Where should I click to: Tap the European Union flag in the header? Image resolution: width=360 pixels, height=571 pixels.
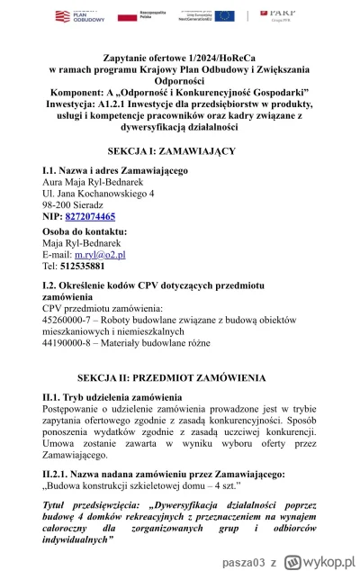pyautogui.click(x=249, y=15)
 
